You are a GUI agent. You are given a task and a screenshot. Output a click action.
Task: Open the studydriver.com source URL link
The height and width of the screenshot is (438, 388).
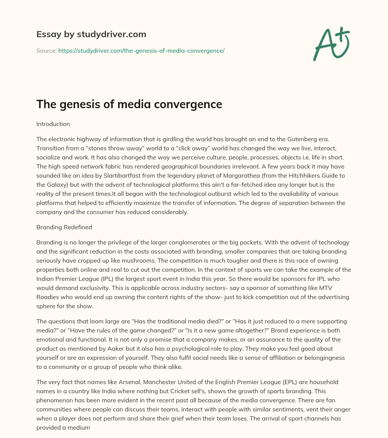[x=141, y=50]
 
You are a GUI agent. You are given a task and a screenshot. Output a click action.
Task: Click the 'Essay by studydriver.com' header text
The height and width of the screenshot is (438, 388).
[x=91, y=35]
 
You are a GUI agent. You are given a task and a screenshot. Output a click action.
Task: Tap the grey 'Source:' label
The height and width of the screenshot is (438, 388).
[x=46, y=50]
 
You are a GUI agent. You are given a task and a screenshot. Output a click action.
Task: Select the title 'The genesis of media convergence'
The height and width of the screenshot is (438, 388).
[x=129, y=104]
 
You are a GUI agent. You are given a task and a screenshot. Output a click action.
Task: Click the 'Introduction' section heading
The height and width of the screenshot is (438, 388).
[x=53, y=124]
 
